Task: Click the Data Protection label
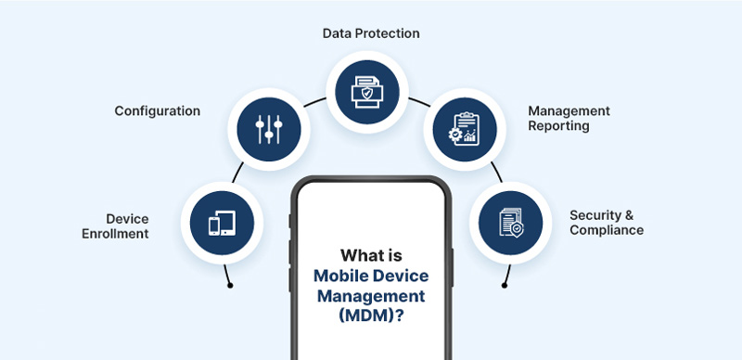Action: [x=371, y=33]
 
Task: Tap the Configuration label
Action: [x=157, y=111]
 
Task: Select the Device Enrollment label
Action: [x=115, y=226]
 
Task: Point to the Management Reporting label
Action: [x=569, y=119]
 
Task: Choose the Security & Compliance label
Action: [x=607, y=223]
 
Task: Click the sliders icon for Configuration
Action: [x=269, y=129]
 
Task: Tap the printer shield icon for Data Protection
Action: [x=367, y=92]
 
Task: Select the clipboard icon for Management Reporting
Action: [x=464, y=129]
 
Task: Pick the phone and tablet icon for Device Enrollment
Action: [x=222, y=223]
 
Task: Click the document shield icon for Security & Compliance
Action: [x=511, y=223]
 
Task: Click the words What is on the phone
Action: [x=371, y=255]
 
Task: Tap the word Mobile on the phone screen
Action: [x=340, y=276]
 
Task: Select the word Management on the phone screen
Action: [x=371, y=297]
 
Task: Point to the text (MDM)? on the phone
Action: [x=371, y=316]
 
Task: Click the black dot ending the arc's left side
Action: [x=230, y=285]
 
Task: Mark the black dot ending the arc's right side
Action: [x=505, y=285]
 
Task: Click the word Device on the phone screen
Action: [x=401, y=276]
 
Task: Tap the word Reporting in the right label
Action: [x=559, y=126]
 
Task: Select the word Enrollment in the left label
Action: [x=115, y=234]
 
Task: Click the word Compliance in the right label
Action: [x=607, y=230]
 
